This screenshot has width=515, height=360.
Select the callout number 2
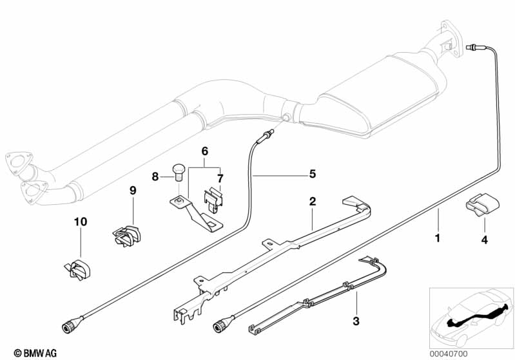click(312, 202)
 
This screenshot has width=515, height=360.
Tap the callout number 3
click(356, 320)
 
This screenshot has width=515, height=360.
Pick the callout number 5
click(312, 173)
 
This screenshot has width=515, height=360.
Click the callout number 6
click(205, 151)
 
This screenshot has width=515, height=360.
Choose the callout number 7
click(219, 177)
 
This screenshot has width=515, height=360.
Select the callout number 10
click(80, 222)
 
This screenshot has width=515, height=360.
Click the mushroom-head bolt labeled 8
click(179, 173)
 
